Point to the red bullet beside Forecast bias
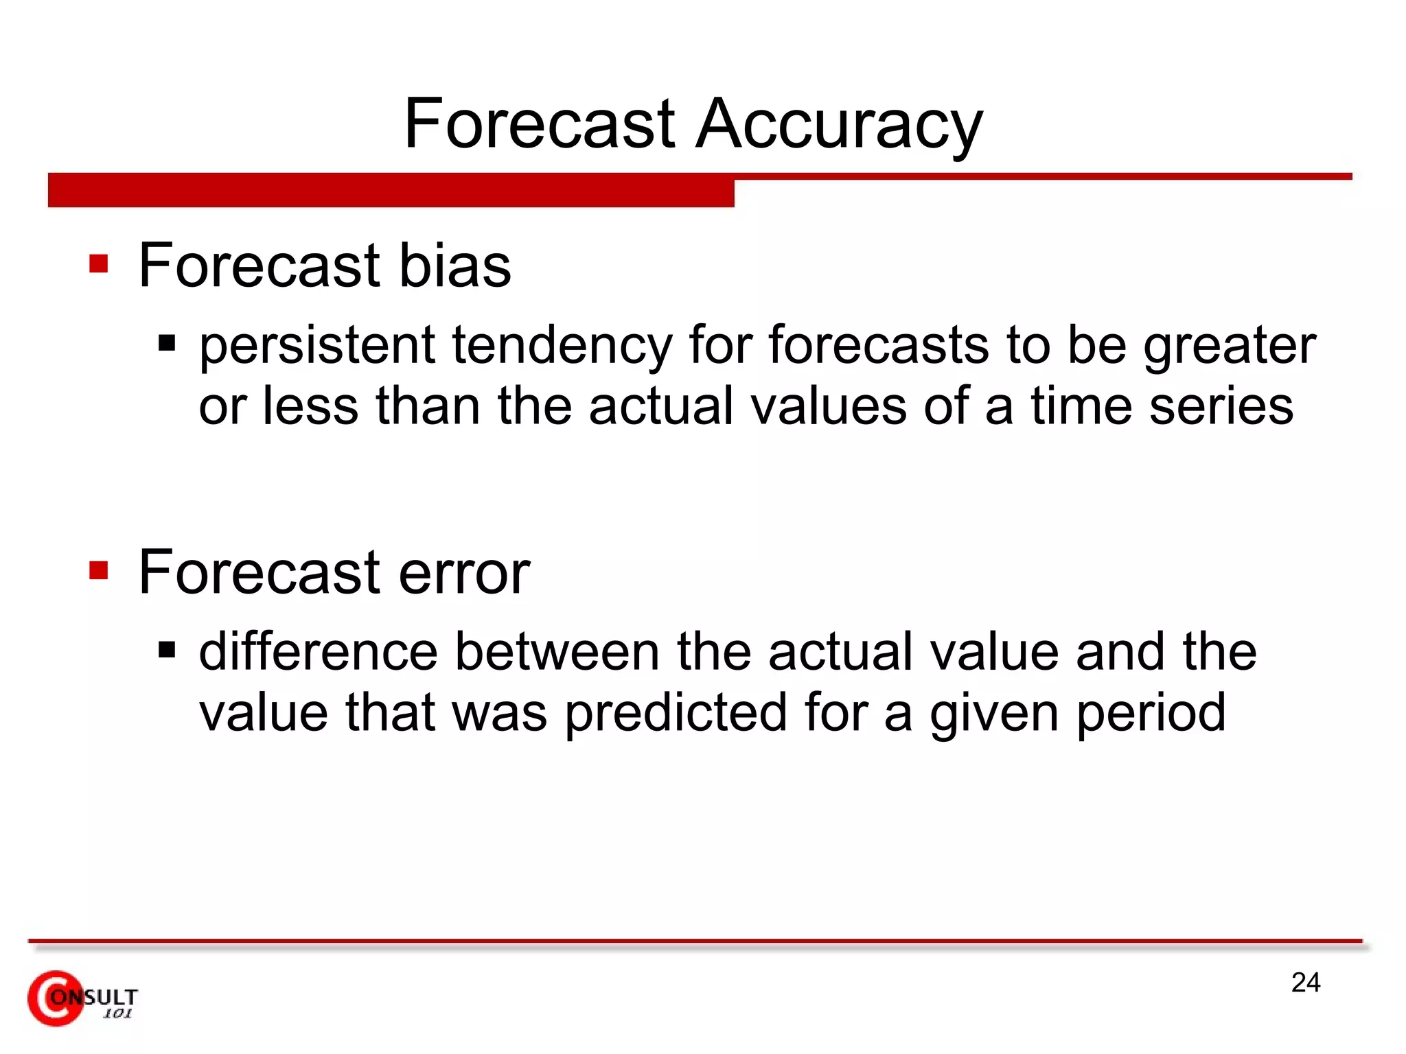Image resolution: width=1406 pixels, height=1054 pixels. (x=99, y=264)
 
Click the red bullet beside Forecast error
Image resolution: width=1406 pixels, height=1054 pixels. (x=99, y=570)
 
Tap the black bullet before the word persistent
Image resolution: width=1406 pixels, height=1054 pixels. (x=167, y=342)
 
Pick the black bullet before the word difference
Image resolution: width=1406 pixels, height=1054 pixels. (x=167, y=649)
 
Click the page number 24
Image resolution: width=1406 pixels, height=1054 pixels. (x=1305, y=983)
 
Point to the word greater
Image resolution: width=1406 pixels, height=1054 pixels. (x=1229, y=347)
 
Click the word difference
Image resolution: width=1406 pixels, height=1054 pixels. (x=318, y=651)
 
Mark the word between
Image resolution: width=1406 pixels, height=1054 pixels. (x=557, y=651)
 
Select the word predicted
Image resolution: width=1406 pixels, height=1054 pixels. (x=676, y=713)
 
